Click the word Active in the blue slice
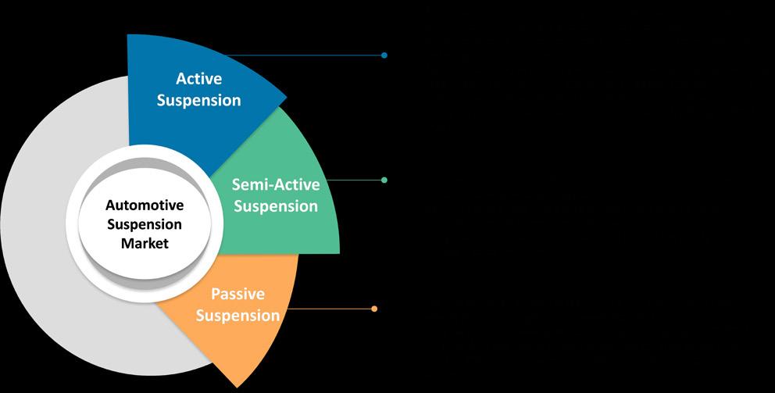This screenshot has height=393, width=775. pos(198,79)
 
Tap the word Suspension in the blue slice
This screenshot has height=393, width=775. pos(198,100)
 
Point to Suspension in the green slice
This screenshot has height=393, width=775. pos(276,207)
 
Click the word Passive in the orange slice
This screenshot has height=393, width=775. pos(237,295)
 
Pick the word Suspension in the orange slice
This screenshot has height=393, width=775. pos(237,316)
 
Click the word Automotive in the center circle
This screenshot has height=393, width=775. pos(145,205)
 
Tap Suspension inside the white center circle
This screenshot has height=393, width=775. pos(145,224)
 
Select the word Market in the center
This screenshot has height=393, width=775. pos(145,243)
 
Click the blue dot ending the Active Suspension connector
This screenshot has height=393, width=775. pos(384,55)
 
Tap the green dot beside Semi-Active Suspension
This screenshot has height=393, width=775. pos(384,180)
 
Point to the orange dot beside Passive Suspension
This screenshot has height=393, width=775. pos(374,309)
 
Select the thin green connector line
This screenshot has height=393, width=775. pos(355,180)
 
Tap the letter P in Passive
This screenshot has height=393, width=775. pos(216,295)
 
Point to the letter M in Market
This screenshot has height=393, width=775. pos(127,243)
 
